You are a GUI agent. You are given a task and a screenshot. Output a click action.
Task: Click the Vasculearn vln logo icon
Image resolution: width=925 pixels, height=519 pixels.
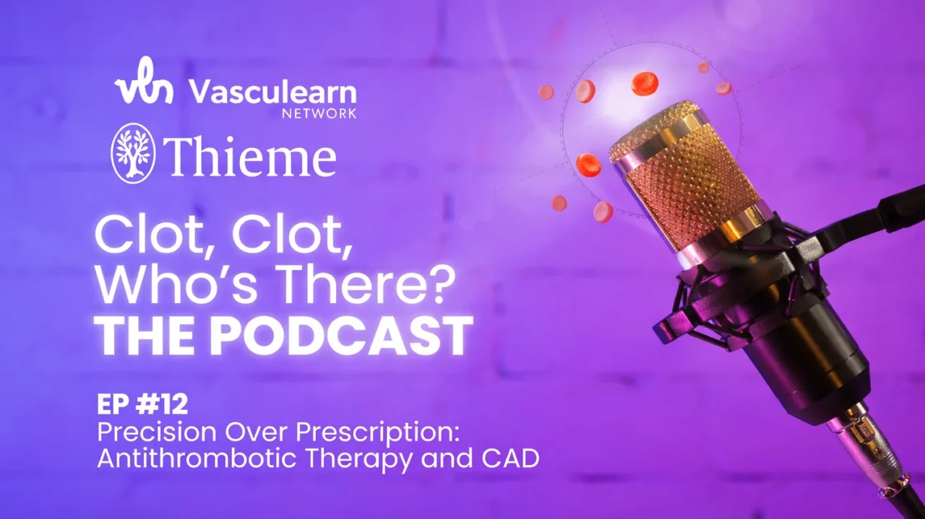143,86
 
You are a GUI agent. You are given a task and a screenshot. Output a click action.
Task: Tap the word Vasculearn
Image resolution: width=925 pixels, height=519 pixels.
272,93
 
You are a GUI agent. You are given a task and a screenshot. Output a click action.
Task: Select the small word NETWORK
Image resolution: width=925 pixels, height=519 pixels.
329,113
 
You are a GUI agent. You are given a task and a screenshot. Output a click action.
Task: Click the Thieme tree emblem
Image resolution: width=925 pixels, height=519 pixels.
133,153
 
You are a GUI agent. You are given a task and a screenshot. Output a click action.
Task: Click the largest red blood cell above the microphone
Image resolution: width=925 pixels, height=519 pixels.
645,84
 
